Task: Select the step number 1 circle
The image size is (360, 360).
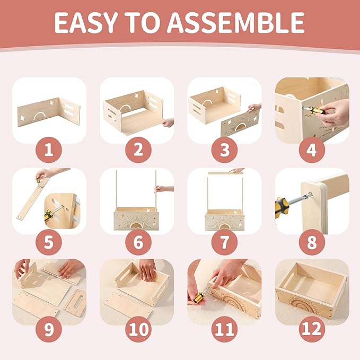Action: point(49,150)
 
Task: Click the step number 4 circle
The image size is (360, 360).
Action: point(312,150)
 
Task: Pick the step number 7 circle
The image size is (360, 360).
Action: point(225,242)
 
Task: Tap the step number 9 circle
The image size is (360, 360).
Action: point(49,329)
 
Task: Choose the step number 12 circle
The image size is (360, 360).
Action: point(312,329)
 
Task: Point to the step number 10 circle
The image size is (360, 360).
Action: point(138,329)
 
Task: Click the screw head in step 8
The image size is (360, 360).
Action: point(310,195)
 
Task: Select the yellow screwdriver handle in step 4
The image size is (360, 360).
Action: point(312,111)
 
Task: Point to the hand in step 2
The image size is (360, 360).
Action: point(168,122)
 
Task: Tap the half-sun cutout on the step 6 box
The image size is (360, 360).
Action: point(136,226)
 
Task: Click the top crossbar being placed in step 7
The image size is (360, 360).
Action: point(225,173)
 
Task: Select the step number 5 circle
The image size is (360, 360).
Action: point(49,242)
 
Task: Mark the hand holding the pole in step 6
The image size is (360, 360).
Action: point(164,189)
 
